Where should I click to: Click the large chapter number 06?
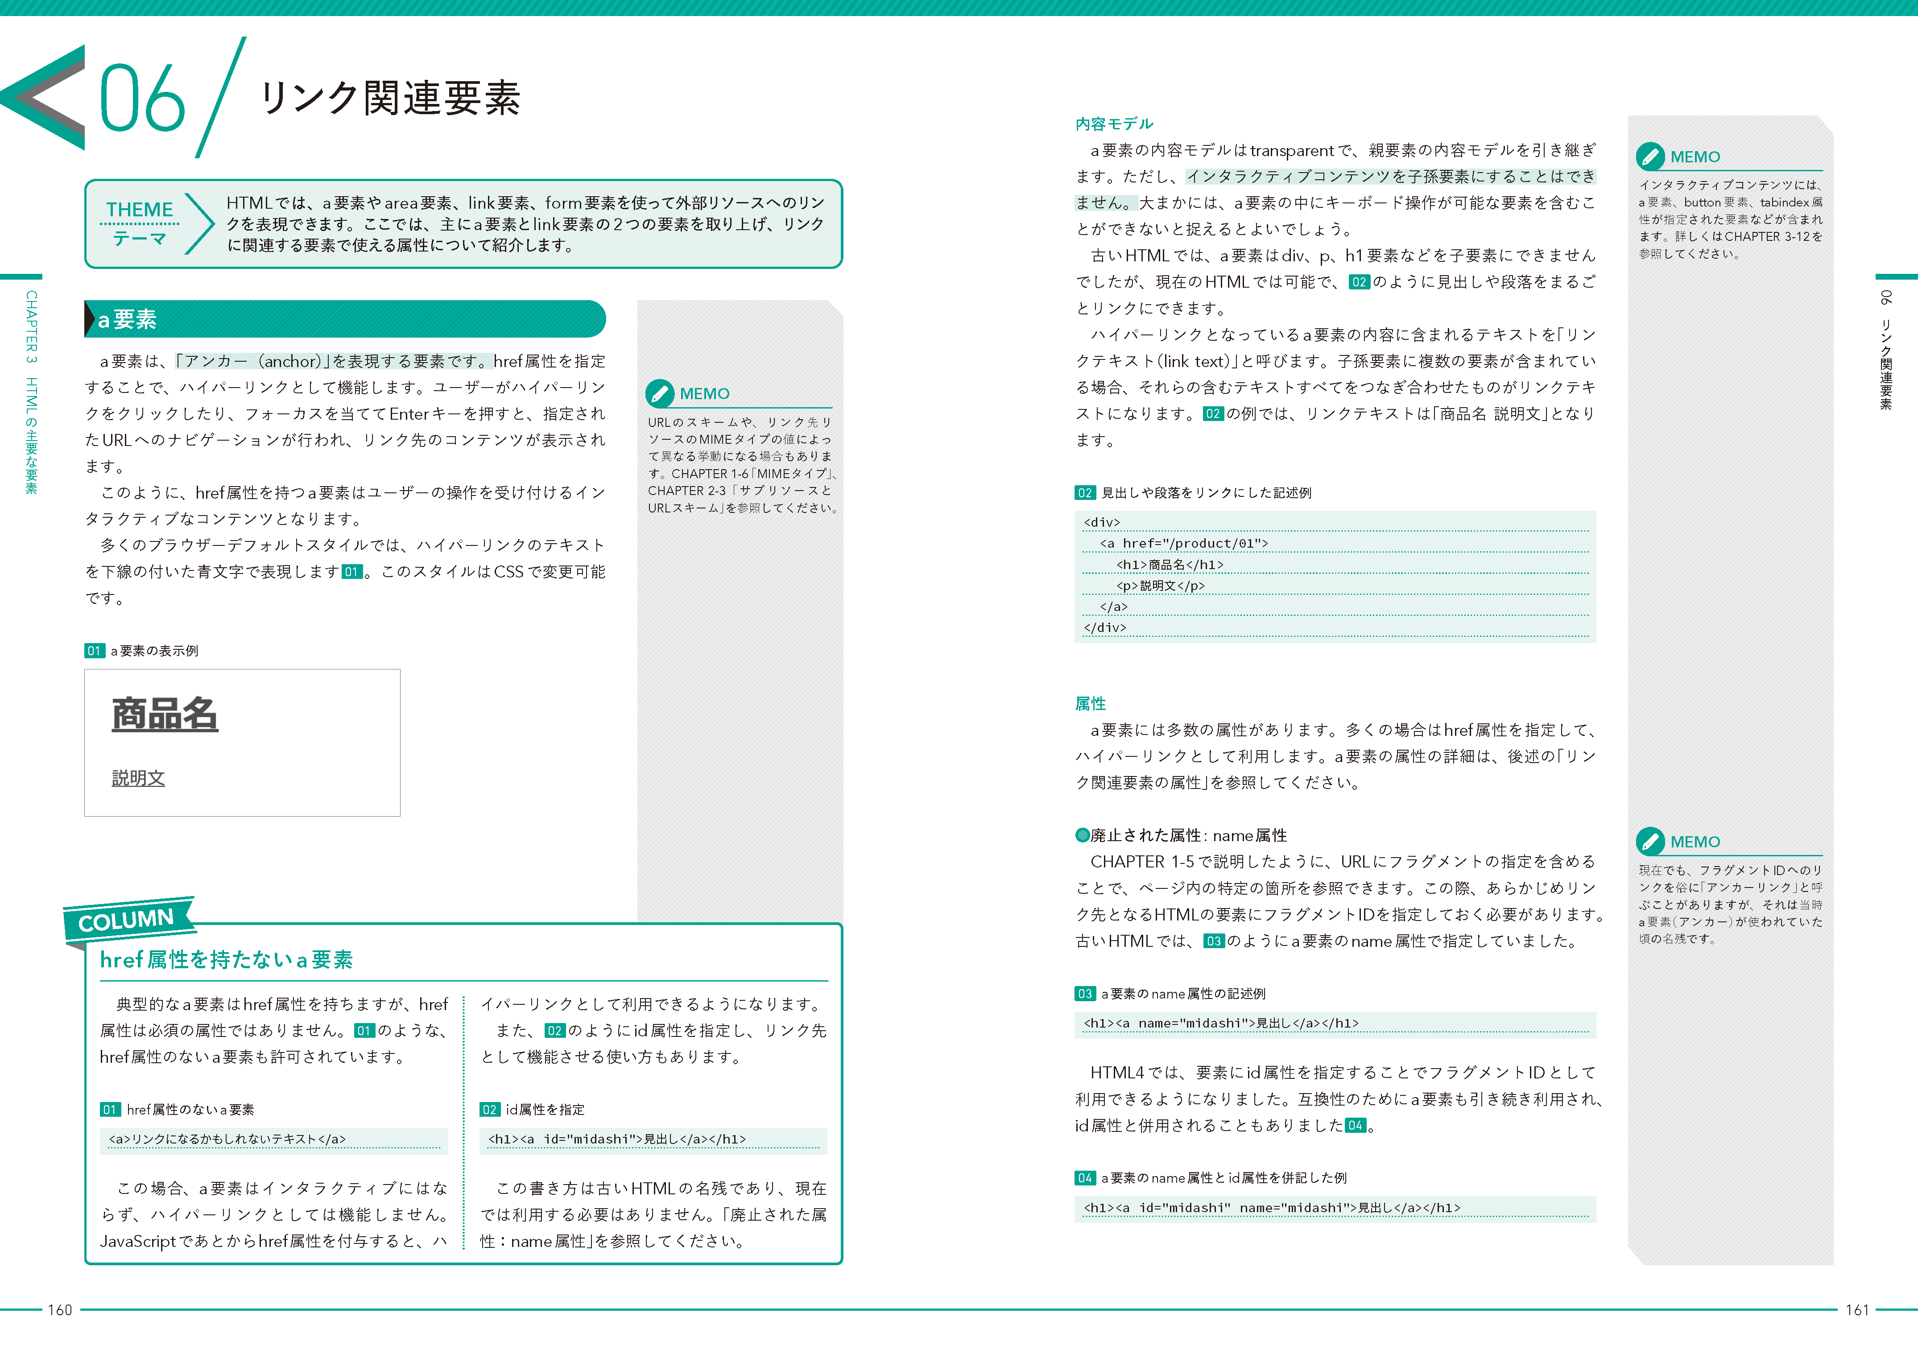[142, 99]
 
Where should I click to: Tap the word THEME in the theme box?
[140, 209]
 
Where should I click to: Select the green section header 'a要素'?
[127, 319]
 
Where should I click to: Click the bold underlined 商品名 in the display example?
[165, 715]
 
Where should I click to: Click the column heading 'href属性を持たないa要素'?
[227, 960]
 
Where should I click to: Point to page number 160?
[60, 1310]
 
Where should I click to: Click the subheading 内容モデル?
[1113, 124]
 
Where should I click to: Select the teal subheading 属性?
[1090, 703]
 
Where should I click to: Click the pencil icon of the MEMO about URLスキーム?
[659, 392]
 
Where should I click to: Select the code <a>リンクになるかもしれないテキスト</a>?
[227, 1139]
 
